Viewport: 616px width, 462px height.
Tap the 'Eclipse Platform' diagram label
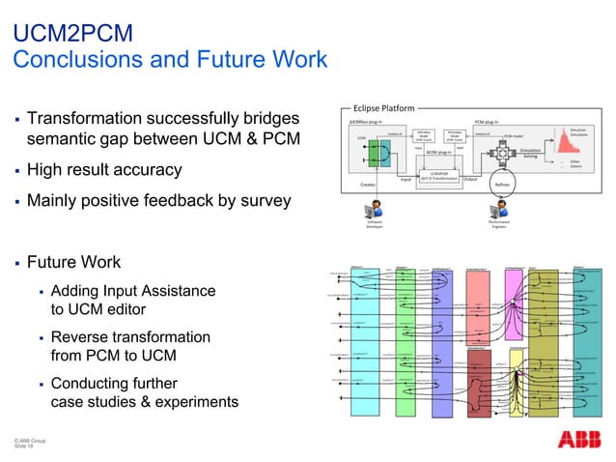tap(384, 109)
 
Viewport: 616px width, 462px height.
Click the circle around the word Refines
tap(501, 184)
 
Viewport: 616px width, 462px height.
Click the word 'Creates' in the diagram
tap(368, 184)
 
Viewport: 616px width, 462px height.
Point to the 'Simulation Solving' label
tap(530, 152)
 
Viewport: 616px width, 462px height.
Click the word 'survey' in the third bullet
tap(268, 201)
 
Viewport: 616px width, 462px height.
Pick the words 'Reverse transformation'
tap(130, 338)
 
